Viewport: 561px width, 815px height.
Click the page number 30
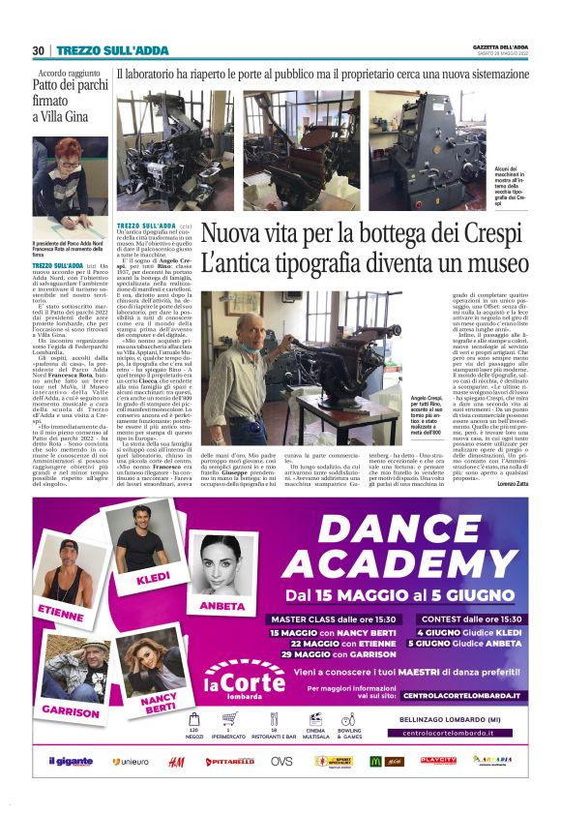[38, 50]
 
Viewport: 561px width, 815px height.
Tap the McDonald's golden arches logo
[375, 762]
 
